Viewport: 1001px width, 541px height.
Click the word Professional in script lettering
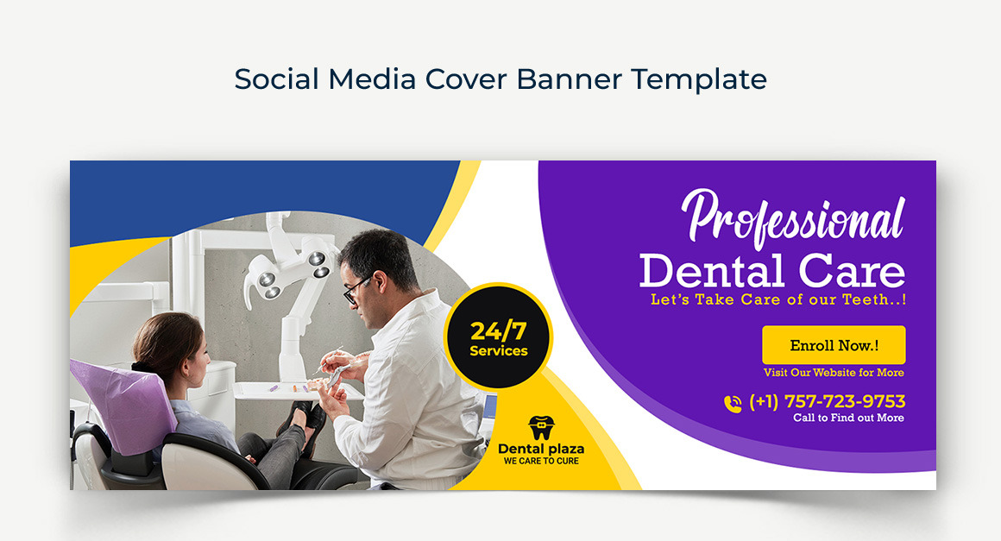tap(794, 219)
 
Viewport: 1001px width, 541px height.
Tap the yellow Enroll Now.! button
tap(834, 345)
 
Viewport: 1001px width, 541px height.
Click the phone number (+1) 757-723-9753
tap(827, 401)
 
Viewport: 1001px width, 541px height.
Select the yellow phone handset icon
tap(733, 404)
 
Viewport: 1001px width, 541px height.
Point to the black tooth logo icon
tap(541, 427)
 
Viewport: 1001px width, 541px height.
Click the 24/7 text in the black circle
tap(499, 330)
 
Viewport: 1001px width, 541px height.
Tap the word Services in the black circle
tap(499, 351)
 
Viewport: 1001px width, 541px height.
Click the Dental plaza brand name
tap(541, 450)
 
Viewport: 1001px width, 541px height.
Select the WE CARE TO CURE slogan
tap(541, 462)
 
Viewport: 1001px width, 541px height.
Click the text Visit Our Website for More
tap(834, 373)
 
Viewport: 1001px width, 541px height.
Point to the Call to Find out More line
tap(848, 418)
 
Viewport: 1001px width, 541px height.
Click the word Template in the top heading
tap(699, 79)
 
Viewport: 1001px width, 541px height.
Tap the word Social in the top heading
tap(276, 79)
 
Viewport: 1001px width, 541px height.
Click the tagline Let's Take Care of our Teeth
tap(778, 300)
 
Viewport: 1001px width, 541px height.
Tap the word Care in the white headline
tap(852, 271)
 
